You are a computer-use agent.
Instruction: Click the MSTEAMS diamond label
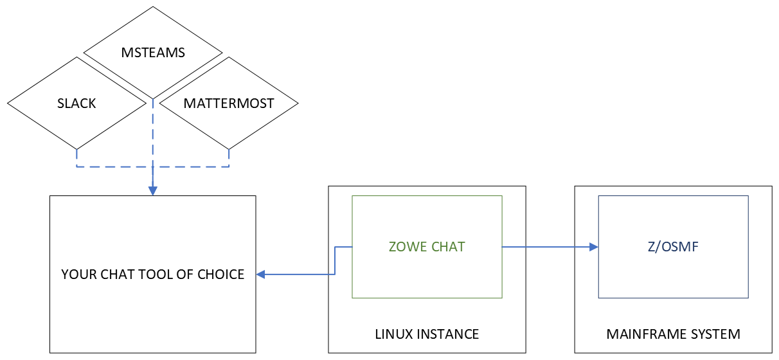[x=153, y=53]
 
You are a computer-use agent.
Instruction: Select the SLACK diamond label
[x=76, y=103]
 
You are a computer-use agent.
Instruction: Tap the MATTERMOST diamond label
[x=229, y=103]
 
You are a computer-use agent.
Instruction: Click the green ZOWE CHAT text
[x=427, y=247]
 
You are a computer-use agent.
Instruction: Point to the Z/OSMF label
[x=673, y=247]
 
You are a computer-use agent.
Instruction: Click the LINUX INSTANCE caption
[x=427, y=334]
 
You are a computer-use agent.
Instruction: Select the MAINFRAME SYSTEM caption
[x=673, y=334]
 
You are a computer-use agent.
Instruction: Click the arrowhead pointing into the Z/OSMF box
[x=594, y=247]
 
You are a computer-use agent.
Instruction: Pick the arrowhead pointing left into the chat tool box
[x=260, y=274]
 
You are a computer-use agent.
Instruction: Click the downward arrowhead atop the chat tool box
[x=153, y=191]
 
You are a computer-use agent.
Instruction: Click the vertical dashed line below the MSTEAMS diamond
[x=153, y=129]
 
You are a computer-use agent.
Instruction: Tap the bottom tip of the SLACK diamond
[x=76, y=148]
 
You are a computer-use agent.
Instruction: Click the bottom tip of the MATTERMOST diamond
[x=229, y=148]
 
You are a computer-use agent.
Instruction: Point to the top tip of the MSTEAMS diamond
[x=153, y=7]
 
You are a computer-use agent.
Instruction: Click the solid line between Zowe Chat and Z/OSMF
[x=546, y=247]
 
